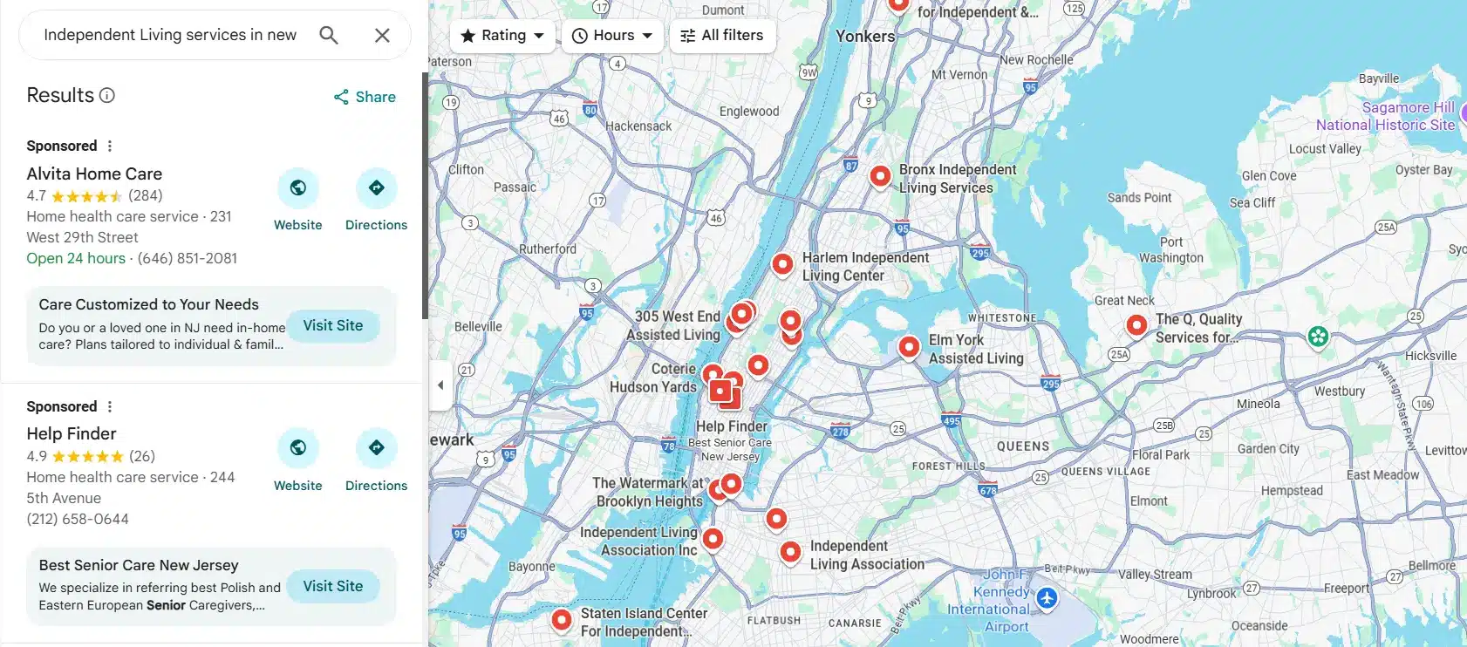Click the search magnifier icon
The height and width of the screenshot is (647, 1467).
pos(329,35)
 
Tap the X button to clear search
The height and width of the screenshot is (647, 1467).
pos(382,35)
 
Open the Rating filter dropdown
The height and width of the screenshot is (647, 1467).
pos(502,36)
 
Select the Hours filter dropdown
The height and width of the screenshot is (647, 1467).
pos(612,36)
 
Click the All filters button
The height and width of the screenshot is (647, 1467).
pos(722,36)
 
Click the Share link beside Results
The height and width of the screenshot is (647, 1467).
pos(365,97)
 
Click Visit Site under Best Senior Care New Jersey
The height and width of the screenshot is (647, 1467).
pos(333,586)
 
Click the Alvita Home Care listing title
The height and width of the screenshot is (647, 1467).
pos(94,174)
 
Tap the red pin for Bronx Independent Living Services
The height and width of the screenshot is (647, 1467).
pos(880,176)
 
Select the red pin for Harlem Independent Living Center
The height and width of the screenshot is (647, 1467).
pos(782,263)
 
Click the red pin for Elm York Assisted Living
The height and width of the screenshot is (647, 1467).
pos(909,347)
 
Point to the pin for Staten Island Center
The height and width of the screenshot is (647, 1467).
pos(562,619)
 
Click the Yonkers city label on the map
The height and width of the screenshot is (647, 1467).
pos(865,37)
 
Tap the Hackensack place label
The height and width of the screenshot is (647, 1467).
pos(638,126)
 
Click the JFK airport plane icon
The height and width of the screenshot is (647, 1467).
pos(1047,598)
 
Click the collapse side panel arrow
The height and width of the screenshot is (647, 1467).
pos(440,385)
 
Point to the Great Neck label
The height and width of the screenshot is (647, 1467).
pos(1124,301)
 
